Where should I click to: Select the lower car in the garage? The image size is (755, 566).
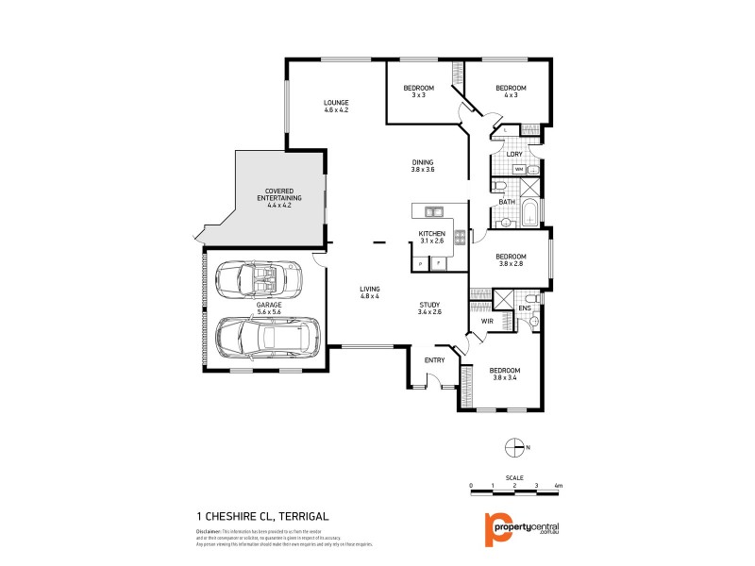tap(267, 335)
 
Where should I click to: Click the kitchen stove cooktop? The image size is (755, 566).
tap(460, 238)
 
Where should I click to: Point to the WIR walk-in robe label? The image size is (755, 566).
tap(488, 322)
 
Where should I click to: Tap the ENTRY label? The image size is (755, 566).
tap(434, 360)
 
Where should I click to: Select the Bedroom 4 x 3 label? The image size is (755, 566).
tap(511, 92)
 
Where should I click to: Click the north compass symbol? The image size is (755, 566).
tap(514, 447)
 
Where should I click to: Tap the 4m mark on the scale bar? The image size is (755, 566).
tap(559, 485)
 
